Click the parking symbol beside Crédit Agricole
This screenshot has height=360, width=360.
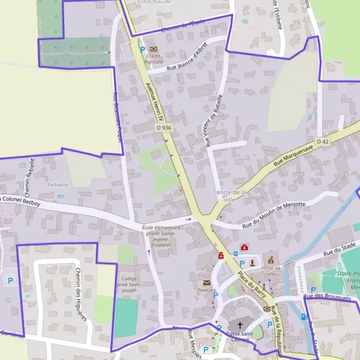142,49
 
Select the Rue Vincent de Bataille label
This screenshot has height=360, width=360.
214,120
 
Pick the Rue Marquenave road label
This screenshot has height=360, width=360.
294,155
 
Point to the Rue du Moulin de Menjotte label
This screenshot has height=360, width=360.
274,214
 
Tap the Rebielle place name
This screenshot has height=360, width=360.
58,184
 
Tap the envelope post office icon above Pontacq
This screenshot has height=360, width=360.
206,282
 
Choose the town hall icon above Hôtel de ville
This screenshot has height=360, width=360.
271,260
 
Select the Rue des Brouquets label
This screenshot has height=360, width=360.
326,296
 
